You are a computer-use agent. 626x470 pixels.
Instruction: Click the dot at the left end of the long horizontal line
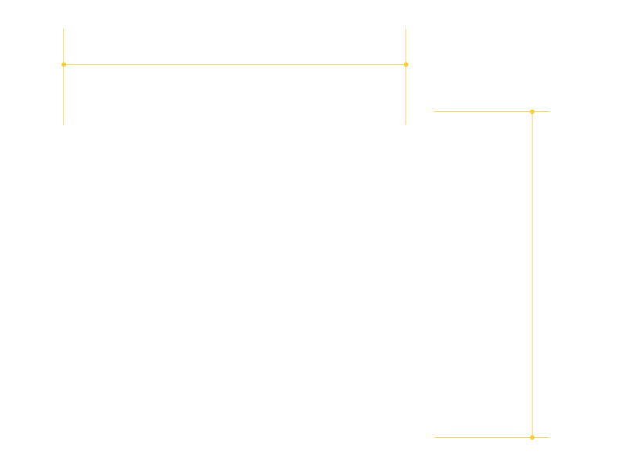pos(63,64)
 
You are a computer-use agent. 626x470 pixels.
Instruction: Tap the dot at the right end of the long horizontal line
pos(406,64)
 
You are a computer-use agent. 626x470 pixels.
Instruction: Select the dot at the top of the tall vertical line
pos(532,111)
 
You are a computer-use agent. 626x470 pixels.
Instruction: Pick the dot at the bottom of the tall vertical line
pos(532,437)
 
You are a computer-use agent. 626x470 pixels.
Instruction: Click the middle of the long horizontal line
pos(235,64)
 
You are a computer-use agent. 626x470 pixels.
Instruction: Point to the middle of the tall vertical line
pos(532,274)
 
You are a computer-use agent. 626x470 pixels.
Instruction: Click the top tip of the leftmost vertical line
pos(63,28)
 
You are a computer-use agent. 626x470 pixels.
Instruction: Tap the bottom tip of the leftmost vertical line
pos(63,125)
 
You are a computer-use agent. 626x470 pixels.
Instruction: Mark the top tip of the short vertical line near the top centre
pos(406,28)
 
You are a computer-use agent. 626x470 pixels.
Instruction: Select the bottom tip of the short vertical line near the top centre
pos(406,125)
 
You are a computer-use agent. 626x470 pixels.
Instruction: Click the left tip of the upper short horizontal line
pos(434,111)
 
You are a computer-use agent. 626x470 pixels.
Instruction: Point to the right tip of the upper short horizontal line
pos(549,111)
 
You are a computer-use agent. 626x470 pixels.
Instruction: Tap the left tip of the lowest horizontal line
pos(434,437)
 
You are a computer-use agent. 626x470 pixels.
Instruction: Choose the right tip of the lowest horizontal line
pos(549,437)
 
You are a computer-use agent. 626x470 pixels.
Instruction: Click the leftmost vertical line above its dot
pos(63,46)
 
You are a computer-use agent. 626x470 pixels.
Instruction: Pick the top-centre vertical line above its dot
pos(406,46)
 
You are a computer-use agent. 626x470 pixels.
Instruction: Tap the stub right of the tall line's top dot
pos(541,111)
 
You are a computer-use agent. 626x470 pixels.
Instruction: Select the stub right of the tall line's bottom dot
pos(541,437)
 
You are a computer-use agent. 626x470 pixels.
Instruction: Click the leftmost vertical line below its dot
pos(63,95)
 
